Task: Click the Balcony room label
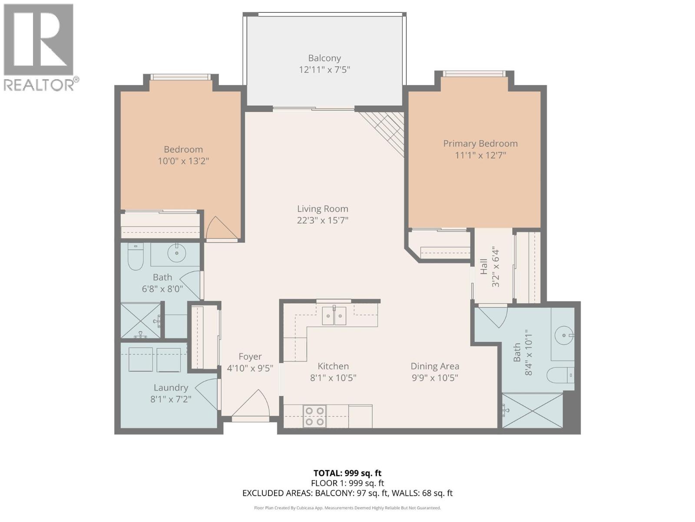(324, 58)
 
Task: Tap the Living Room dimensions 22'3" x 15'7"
(322, 221)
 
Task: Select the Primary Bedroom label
(480, 144)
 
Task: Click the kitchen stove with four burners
(314, 416)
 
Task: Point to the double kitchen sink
(334, 316)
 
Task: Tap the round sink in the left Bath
(176, 254)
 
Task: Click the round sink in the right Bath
(564, 335)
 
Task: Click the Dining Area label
(434, 366)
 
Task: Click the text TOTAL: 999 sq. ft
(347, 473)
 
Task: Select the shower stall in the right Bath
(532, 410)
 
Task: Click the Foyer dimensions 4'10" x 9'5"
(250, 368)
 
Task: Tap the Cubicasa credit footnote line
(347, 508)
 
